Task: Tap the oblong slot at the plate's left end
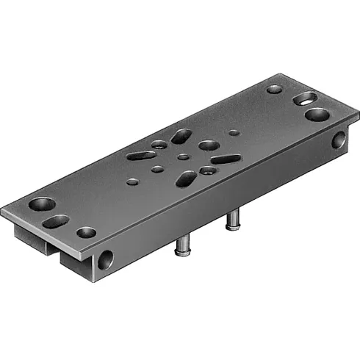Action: [55, 220]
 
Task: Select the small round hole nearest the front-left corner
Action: [86, 233]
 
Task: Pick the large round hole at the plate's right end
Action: [317, 115]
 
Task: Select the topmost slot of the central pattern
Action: [181, 136]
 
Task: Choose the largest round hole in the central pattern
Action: [208, 145]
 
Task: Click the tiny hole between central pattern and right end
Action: [234, 134]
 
